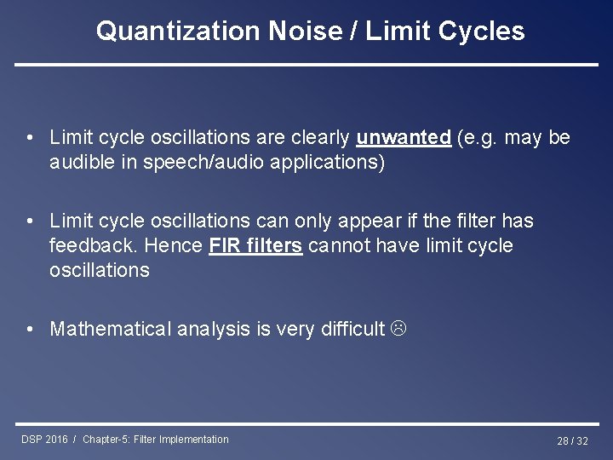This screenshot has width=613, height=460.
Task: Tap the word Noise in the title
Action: (x=303, y=32)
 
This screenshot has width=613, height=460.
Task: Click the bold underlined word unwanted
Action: (x=404, y=138)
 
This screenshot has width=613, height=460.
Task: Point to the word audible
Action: (x=81, y=163)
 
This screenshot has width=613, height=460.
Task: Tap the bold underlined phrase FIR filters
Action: (x=255, y=246)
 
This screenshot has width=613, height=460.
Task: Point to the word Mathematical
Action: (x=111, y=329)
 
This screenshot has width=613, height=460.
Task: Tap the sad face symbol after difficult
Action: (x=398, y=329)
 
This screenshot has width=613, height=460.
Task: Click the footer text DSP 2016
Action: (x=45, y=440)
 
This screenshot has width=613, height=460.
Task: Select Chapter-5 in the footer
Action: (x=106, y=440)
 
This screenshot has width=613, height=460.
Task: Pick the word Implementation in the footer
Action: (x=191, y=440)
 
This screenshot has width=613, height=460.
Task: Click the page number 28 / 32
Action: (x=572, y=440)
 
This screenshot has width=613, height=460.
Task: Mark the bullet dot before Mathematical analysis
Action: (x=30, y=329)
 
